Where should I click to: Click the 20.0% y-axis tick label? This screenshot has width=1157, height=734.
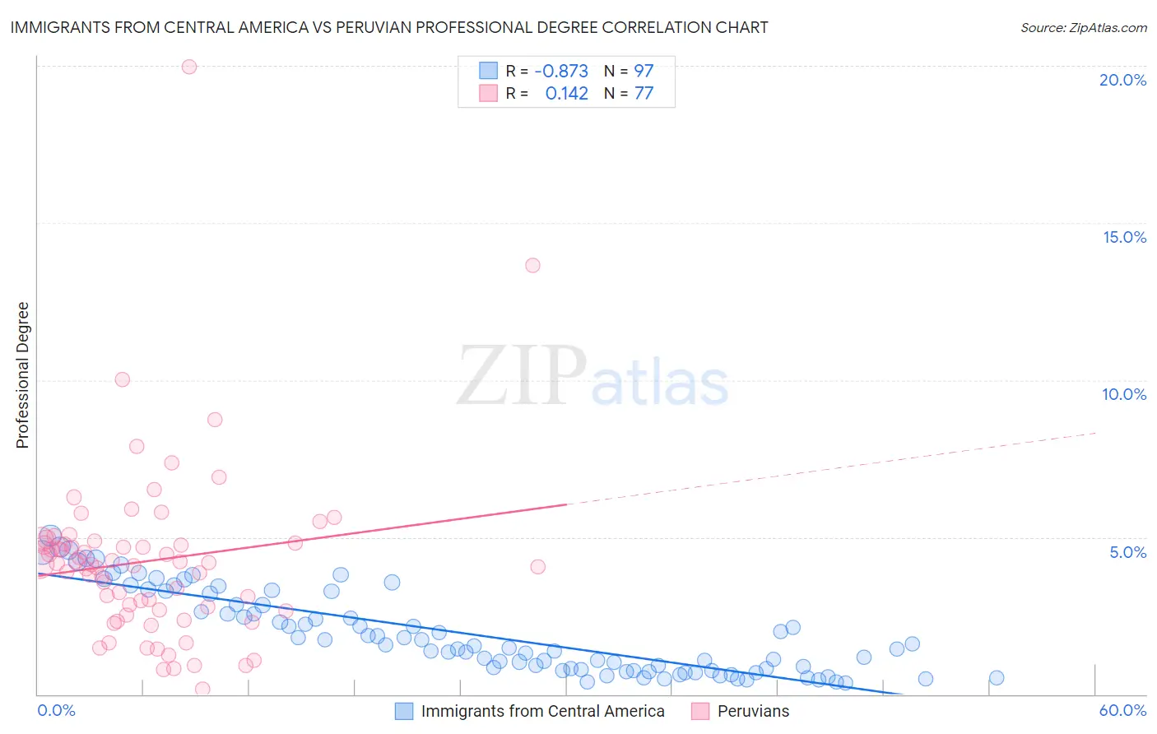[x=1122, y=80]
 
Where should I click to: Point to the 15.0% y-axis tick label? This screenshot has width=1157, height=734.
[x=1124, y=237]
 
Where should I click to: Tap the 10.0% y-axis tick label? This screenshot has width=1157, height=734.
[x=1124, y=394]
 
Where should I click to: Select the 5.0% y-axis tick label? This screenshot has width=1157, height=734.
[x=1127, y=552]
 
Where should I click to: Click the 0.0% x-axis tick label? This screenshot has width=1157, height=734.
[x=56, y=710]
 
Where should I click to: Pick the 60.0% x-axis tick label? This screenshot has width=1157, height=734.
[x=1122, y=710]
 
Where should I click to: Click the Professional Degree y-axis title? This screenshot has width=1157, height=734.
[x=22, y=375]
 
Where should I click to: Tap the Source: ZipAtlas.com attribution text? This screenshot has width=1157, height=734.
[x=1083, y=28]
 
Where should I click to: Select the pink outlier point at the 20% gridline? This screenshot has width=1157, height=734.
[x=189, y=67]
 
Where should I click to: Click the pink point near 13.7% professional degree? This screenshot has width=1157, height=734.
[x=532, y=265]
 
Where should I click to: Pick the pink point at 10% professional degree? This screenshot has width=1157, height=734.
[x=123, y=379]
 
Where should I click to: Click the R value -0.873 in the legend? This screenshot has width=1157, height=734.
[x=561, y=71]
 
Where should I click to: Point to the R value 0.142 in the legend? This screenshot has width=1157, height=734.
[x=566, y=93]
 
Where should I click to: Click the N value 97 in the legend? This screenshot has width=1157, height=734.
[x=644, y=71]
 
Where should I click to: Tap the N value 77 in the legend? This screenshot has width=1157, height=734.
[x=644, y=93]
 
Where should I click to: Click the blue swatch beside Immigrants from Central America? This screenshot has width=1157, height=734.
[x=404, y=711]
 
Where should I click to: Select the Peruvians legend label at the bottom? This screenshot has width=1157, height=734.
[x=753, y=711]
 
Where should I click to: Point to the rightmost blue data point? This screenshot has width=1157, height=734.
[x=997, y=678]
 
